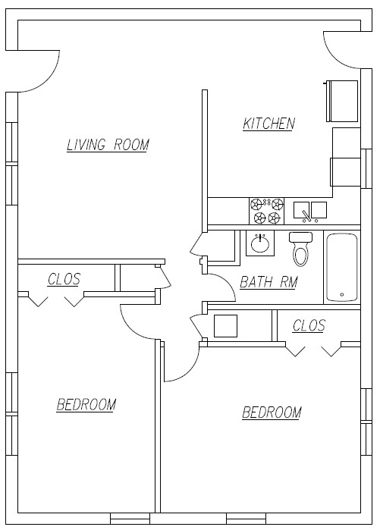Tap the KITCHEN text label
(x=269, y=124)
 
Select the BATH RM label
(x=269, y=282)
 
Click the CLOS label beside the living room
(x=64, y=279)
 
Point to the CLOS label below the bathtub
(x=309, y=325)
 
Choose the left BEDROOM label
(x=86, y=404)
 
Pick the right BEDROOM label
(x=271, y=412)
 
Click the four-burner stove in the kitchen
(x=267, y=211)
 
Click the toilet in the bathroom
(x=301, y=248)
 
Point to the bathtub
(x=341, y=268)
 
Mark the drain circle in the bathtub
(x=341, y=295)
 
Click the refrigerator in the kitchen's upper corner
(x=342, y=100)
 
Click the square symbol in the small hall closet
(x=225, y=325)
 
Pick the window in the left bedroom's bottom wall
(x=130, y=519)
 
